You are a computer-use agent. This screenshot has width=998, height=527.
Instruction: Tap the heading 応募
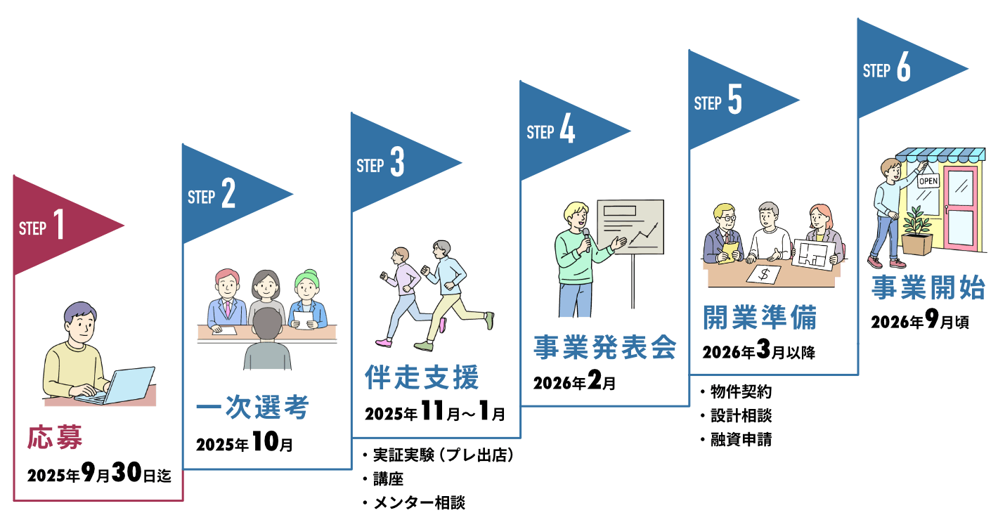coord(55,437)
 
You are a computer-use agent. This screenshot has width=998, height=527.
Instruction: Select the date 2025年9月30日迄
coord(99,473)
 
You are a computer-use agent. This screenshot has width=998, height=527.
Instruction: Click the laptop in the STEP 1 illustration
coord(120,386)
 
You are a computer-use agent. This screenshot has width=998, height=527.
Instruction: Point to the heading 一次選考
coord(252,407)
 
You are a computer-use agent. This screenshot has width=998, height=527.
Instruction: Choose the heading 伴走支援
coord(422,377)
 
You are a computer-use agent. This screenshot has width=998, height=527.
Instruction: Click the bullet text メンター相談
coord(419,503)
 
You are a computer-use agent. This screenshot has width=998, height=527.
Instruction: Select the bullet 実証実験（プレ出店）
coord(443,455)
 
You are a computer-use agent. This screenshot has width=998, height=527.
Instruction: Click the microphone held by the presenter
coord(587,239)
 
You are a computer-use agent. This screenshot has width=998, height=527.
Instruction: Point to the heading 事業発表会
coord(605,347)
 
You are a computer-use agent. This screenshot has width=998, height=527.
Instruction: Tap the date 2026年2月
coord(574,382)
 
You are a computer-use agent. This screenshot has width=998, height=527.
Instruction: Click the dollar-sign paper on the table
coord(764,274)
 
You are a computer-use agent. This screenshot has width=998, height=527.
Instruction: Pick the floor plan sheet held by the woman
coord(815,254)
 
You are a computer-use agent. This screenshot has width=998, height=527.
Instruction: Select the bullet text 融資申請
coord(741,440)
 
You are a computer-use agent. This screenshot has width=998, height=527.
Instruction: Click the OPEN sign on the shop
coord(928,181)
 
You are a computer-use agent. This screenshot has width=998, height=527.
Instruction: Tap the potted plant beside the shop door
coord(917,232)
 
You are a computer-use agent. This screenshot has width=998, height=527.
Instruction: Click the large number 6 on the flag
coord(904,67)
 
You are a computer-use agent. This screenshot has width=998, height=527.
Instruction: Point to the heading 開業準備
coord(760,317)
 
